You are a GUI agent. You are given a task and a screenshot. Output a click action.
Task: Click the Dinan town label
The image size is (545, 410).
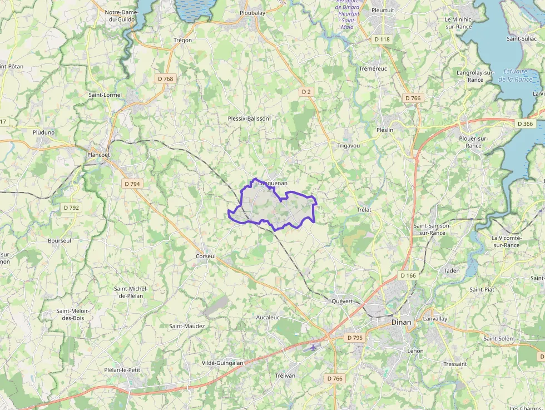[x=401, y=322]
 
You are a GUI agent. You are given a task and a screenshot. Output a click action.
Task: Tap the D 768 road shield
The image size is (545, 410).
[x=166, y=79]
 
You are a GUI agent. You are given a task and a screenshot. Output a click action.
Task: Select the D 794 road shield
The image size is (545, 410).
[x=132, y=184]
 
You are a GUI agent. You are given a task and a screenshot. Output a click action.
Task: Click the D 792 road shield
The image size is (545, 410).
[x=71, y=208]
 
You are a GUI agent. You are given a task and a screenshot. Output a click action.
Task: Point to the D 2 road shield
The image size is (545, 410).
[x=306, y=91]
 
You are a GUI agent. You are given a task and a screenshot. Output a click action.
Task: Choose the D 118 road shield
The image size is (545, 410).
[x=382, y=39]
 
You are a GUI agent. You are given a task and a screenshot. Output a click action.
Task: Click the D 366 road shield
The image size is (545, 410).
[x=524, y=124]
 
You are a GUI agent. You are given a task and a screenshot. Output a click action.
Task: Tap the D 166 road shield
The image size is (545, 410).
[x=408, y=275]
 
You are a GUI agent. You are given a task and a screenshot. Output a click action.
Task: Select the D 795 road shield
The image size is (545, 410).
[x=354, y=338]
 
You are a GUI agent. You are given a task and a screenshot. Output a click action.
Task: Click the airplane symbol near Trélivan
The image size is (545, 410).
[x=314, y=347]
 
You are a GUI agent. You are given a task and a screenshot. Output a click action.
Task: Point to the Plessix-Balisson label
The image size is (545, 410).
[x=249, y=118]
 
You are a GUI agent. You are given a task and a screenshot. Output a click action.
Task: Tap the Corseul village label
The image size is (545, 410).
[x=205, y=256]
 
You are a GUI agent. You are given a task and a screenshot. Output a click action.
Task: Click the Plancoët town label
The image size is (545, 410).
[x=99, y=155]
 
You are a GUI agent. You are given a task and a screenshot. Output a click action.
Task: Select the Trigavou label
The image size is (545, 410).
[x=348, y=145]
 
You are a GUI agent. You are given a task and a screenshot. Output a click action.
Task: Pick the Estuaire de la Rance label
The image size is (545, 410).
[x=516, y=75]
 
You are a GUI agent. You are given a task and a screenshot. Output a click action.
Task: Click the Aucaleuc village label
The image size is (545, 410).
[x=267, y=317]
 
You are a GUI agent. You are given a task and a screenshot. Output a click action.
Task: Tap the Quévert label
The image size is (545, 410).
[x=342, y=301]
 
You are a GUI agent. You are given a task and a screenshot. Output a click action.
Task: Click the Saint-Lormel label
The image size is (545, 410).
[x=105, y=95]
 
